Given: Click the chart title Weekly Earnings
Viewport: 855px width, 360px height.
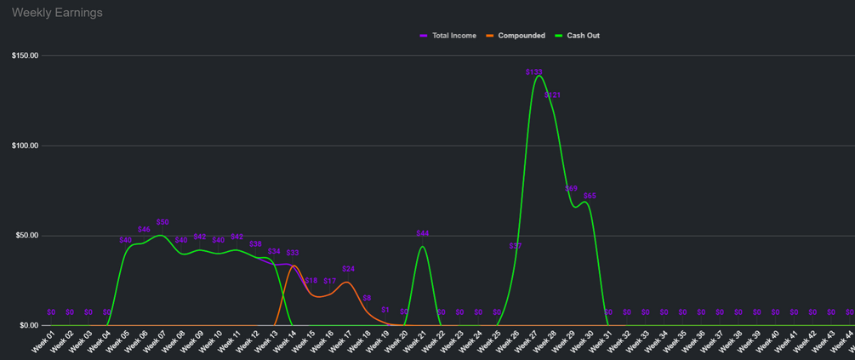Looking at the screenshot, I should (x=57, y=13).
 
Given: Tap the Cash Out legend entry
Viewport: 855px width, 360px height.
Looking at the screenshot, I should (x=583, y=36).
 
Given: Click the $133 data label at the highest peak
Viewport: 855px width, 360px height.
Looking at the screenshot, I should (x=534, y=72).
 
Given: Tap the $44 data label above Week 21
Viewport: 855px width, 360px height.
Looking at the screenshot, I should (x=423, y=233).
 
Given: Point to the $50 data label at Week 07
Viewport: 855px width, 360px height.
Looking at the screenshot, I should (x=162, y=221).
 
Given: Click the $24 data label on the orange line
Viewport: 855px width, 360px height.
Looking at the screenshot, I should (x=348, y=269).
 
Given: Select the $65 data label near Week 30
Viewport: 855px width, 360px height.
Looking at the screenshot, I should (x=590, y=196).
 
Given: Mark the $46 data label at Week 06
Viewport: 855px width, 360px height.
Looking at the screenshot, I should (x=144, y=229).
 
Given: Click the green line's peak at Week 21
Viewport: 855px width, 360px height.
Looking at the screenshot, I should (x=423, y=247).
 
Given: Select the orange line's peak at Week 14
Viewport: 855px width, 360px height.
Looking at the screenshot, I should (x=293, y=266).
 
